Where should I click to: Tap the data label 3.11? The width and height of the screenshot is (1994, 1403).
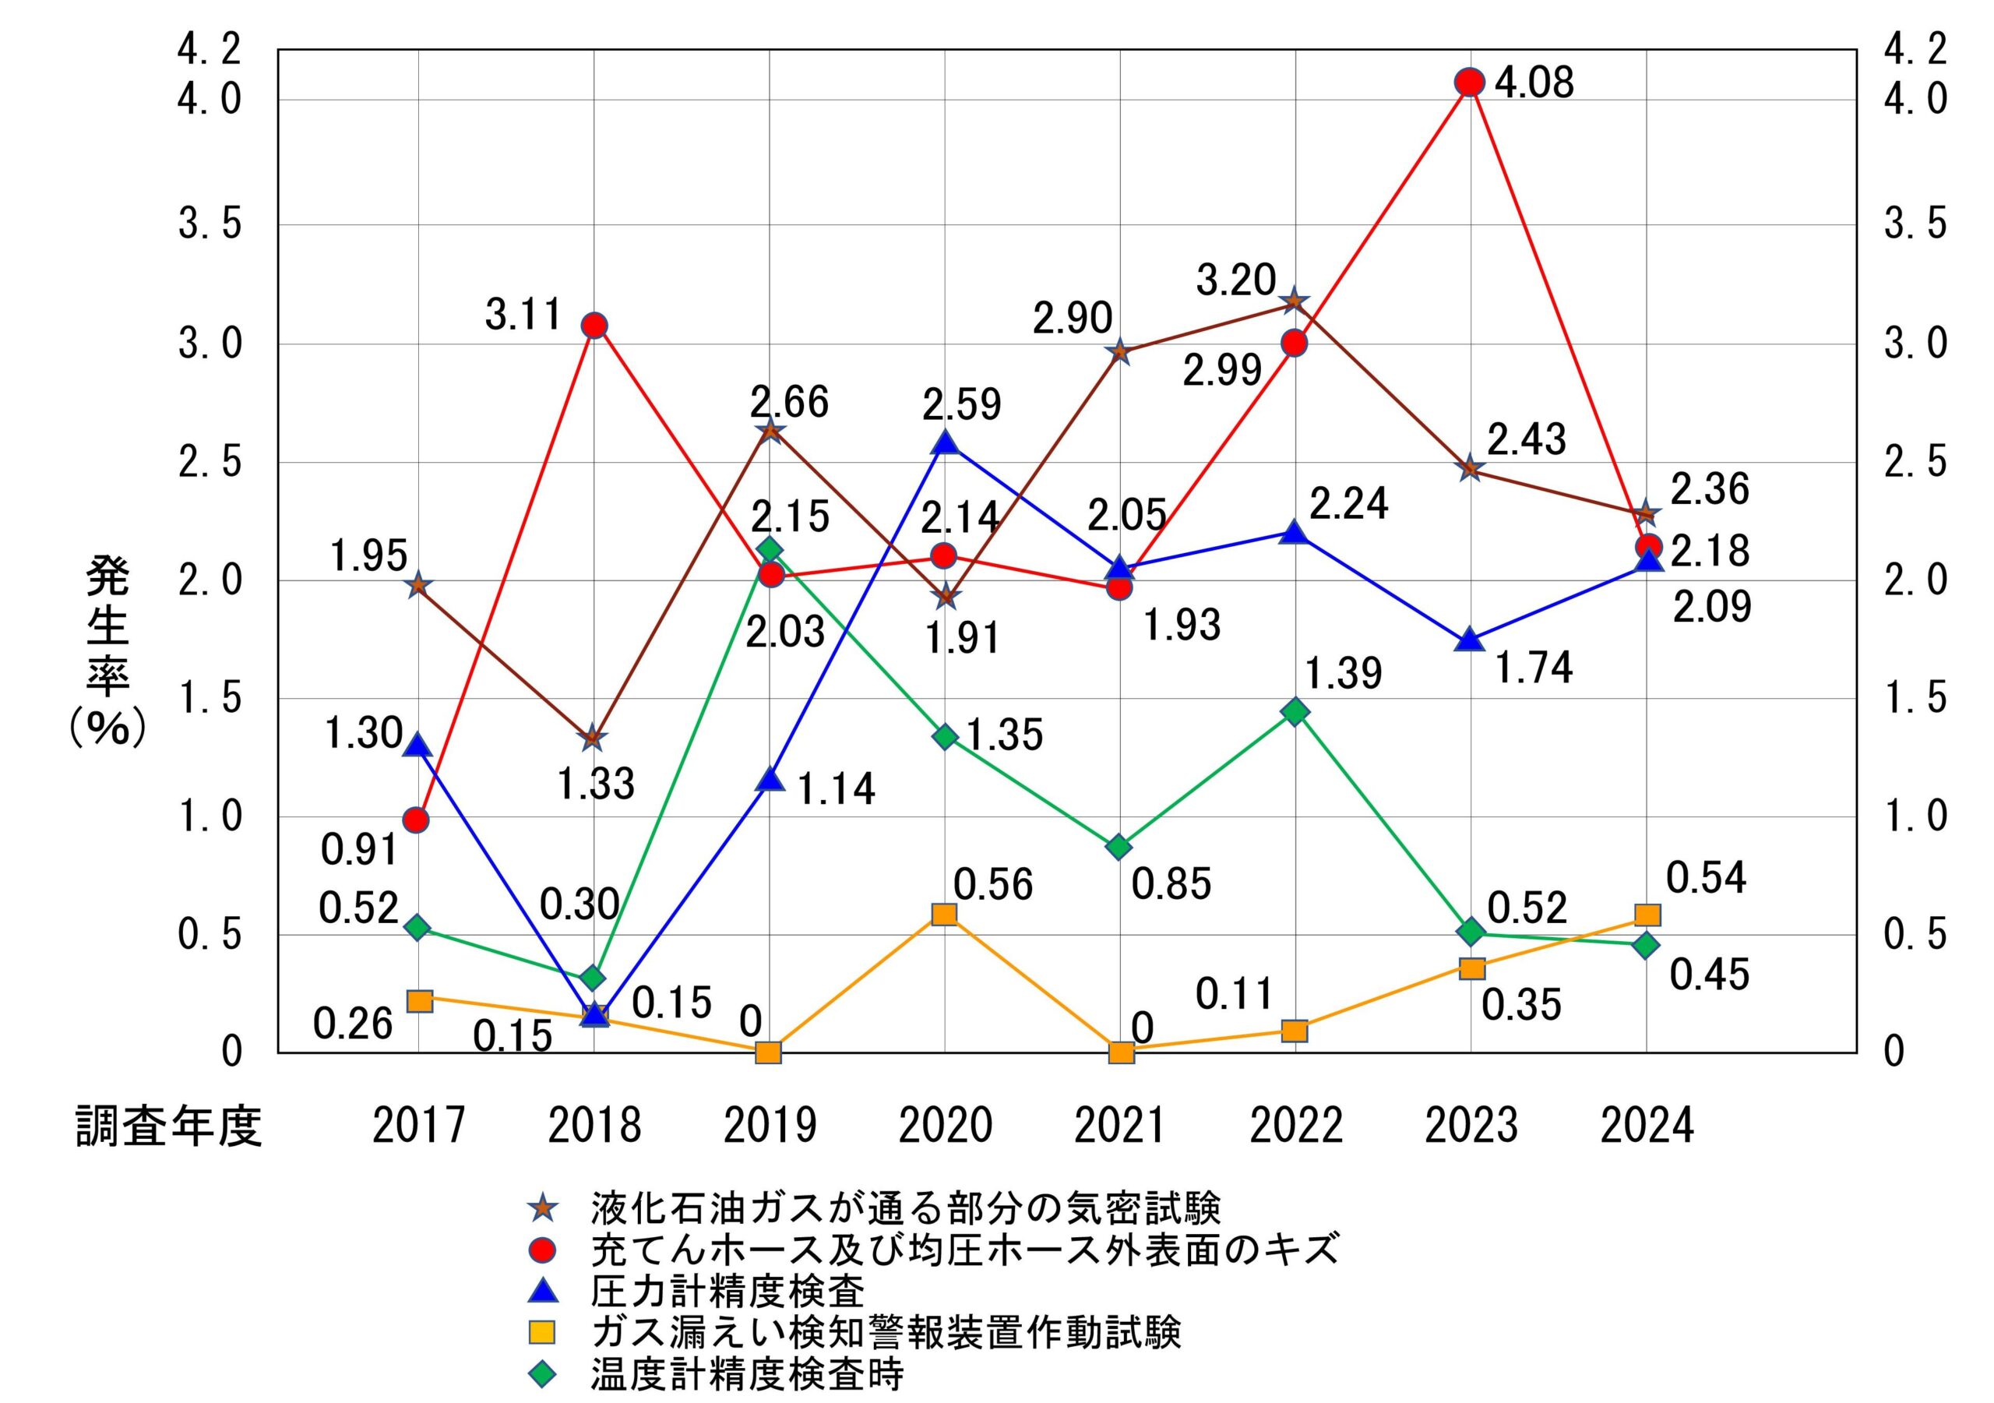pyautogui.click(x=523, y=314)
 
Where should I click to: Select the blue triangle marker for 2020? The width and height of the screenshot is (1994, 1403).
pyautogui.click(x=945, y=443)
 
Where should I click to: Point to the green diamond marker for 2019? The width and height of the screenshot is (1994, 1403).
pyautogui.click(x=769, y=550)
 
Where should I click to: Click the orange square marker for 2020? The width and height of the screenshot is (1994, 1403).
pyautogui.click(x=944, y=914)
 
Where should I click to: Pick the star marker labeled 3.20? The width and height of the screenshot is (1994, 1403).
pyautogui.click(x=1294, y=301)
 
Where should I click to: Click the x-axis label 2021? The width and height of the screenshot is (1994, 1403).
pyautogui.click(x=1120, y=1126)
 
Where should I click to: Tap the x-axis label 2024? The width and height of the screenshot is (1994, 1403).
pyautogui.click(x=1647, y=1126)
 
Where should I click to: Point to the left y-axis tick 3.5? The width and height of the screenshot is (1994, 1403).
pyautogui.click(x=210, y=225)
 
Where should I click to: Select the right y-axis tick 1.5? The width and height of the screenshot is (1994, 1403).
pyautogui.click(x=1915, y=699)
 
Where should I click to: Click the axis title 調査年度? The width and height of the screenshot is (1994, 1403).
pyautogui.click(x=168, y=1126)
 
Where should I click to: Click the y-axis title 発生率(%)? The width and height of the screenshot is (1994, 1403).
pyautogui.click(x=107, y=651)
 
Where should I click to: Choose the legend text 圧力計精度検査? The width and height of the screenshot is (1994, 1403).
pyautogui.click(x=727, y=1291)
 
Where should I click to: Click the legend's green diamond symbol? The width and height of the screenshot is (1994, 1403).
pyautogui.click(x=542, y=1374)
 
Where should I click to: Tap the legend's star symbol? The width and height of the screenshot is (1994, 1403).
pyautogui.click(x=542, y=1208)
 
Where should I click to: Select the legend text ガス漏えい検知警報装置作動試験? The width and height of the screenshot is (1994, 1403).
pyautogui.click(x=886, y=1332)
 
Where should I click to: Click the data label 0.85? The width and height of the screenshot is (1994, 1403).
pyautogui.click(x=1171, y=884)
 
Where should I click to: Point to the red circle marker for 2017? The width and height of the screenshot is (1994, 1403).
pyautogui.click(x=417, y=820)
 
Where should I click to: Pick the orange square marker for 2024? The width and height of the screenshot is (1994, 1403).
pyautogui.click(x=1647, y=915)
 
